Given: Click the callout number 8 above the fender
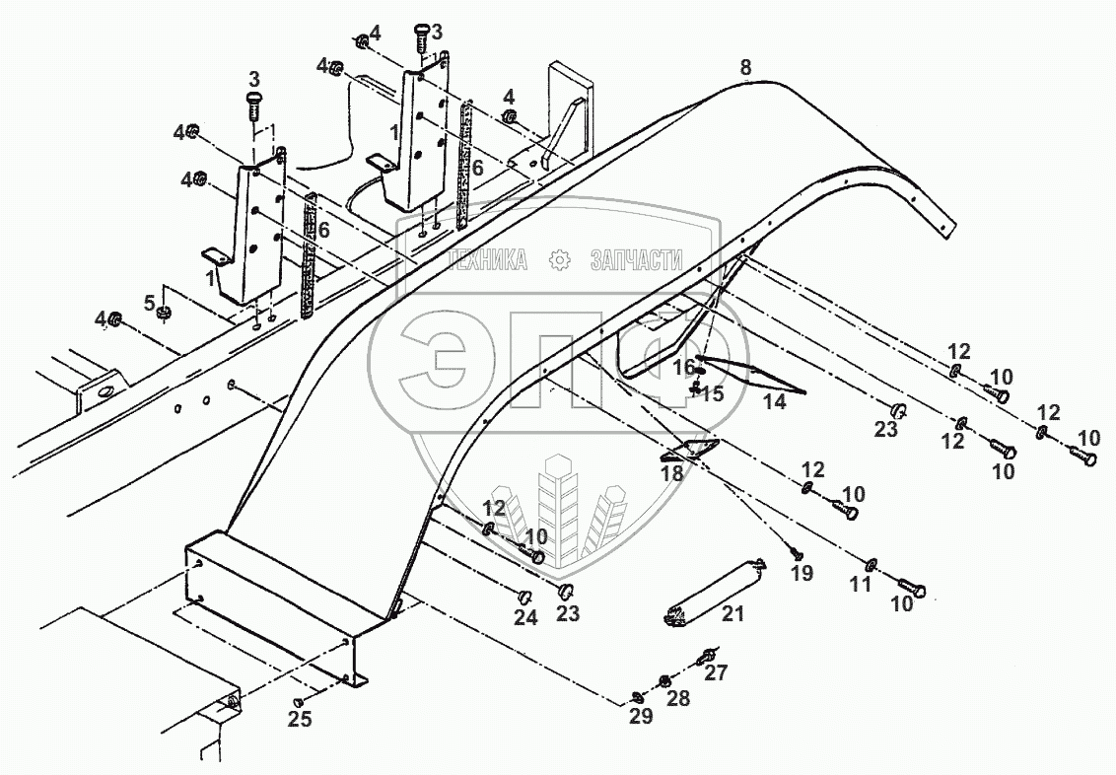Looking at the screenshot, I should pos(745,67).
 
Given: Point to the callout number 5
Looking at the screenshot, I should pos(150,301).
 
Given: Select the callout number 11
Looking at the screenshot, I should pos(861,584).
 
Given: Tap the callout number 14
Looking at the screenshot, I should pos(775,402).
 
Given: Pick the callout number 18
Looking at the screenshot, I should pos(671,473).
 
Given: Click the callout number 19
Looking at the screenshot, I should pos(802,574).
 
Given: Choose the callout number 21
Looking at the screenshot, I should pos(732,614).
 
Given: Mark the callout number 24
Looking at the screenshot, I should pos(525,618).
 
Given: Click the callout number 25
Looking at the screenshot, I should pos(300,720).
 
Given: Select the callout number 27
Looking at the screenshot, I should pos(716,673).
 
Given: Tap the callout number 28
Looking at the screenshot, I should pos(679,698).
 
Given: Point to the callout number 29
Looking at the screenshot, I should pos(641,717).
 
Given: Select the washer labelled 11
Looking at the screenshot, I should pos(871,565).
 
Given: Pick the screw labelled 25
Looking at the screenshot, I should pos(297,701).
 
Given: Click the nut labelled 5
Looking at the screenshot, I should pos(166,315).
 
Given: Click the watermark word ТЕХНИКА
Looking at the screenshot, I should pos(487,260).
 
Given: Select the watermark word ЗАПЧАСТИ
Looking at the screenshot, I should pos(636,260).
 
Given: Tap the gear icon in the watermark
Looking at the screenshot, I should pos(560,260).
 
